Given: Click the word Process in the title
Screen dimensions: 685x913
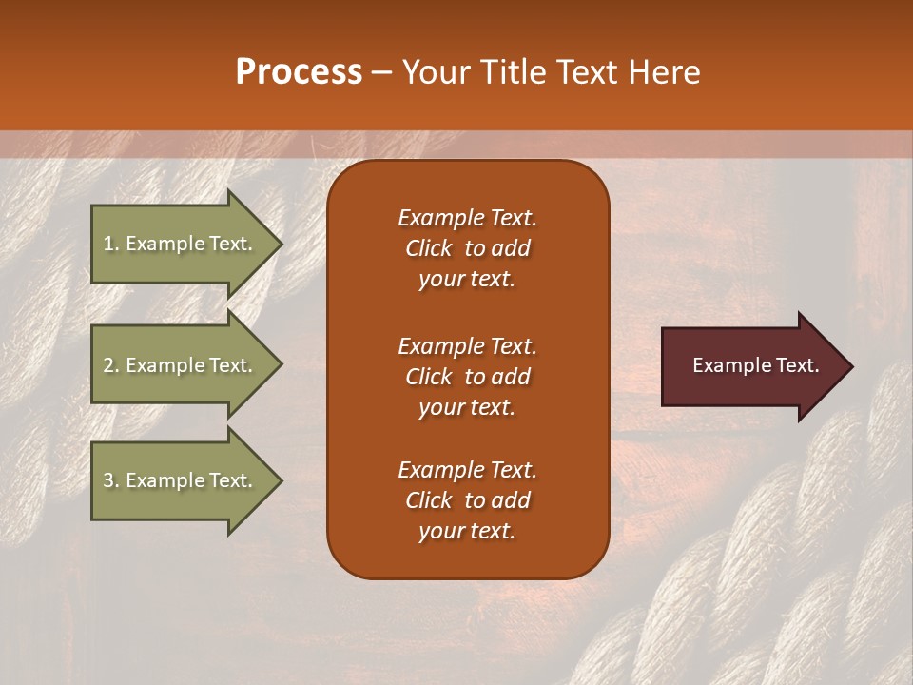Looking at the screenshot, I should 299,72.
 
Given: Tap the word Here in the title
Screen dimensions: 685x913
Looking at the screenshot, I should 665,72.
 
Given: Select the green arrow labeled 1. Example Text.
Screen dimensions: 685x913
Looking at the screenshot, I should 181,244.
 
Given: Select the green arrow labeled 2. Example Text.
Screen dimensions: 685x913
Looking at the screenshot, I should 181,365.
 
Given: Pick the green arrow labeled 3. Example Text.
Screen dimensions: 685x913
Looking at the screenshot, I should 181,480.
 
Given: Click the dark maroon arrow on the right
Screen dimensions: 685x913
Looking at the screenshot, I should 751,366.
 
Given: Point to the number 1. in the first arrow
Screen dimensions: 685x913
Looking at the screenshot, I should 111,244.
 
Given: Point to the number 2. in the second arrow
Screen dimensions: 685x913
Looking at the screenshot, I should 111,365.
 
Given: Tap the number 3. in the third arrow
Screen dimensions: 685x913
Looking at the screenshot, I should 111,480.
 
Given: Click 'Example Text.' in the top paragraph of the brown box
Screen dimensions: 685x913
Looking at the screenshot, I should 467,218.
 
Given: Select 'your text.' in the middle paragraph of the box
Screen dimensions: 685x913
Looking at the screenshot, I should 467,407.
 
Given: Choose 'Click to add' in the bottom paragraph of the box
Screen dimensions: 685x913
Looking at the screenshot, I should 467,500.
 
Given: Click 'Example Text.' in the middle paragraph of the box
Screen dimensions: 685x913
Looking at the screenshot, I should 467,345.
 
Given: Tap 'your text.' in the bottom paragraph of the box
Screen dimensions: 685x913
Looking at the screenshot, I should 467,532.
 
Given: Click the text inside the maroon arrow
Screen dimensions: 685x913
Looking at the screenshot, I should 755,365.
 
